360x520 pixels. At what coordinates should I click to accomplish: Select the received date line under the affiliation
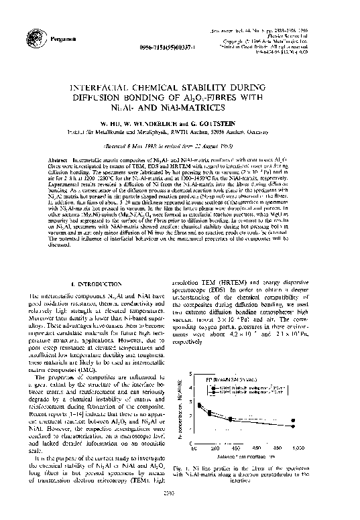click(179, 144)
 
